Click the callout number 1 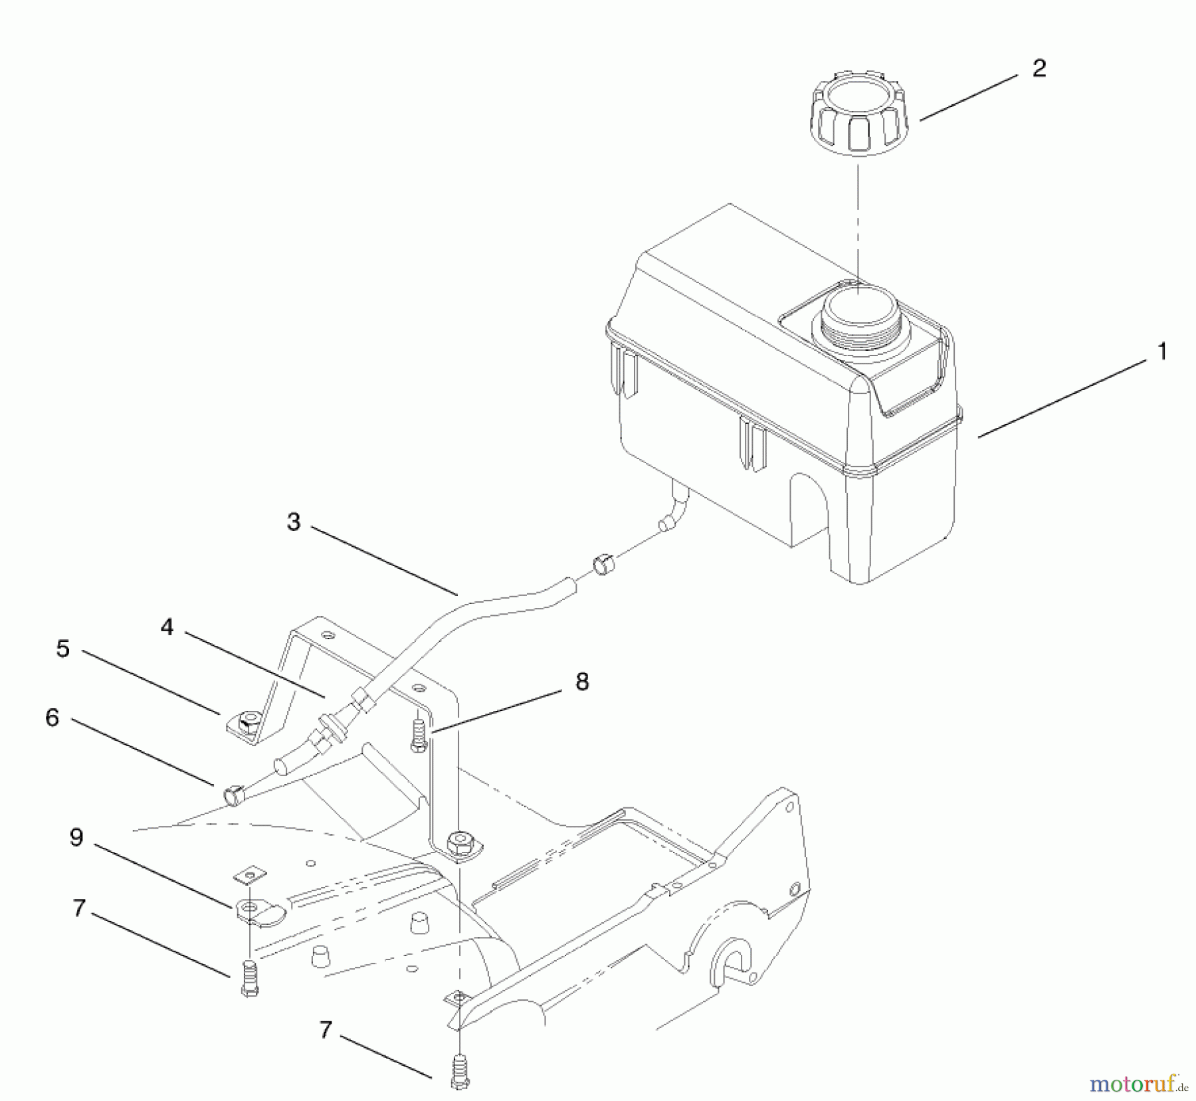pyautogui.click(x=1161, y=351)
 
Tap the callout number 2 pyautogui.click(x=1039, y=68)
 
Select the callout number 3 pyautogui.click(x=294, y=522)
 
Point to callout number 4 pyautogui.click(x=167, y=627)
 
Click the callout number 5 pyautogui.click(x=62, y=649)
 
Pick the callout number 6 pyautogui.click(x=52, y=718)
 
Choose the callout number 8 pyautogui.click(x=581, y=681)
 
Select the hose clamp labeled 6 pyautogui.click(x=234, y=794)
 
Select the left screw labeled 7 pyautogui.click(x=249, y=977)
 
